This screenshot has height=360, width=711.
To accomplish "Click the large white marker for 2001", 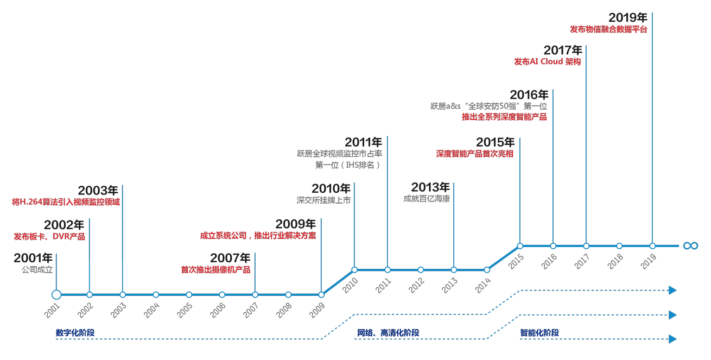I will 56,295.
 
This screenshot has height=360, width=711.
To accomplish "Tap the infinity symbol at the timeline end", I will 690,246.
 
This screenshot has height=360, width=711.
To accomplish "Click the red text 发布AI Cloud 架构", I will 547,62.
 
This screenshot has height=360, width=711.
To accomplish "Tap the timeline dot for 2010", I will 354,270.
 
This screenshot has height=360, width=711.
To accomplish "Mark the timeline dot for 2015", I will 520,246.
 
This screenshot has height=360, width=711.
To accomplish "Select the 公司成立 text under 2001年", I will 37,269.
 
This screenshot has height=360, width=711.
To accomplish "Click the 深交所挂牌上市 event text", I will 323,200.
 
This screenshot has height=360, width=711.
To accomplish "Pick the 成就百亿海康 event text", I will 427,199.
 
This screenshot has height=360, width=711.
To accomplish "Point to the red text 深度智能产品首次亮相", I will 475,154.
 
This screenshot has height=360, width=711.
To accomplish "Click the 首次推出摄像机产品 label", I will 215,269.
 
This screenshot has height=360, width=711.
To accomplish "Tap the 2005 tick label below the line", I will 185,311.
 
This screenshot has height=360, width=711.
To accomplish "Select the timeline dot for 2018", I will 619,246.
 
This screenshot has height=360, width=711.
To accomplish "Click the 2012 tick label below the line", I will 416,286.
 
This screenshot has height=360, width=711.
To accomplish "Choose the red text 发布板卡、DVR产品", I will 49,237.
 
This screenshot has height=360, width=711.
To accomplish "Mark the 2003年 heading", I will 98,191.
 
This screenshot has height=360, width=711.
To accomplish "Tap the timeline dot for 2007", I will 255,295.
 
